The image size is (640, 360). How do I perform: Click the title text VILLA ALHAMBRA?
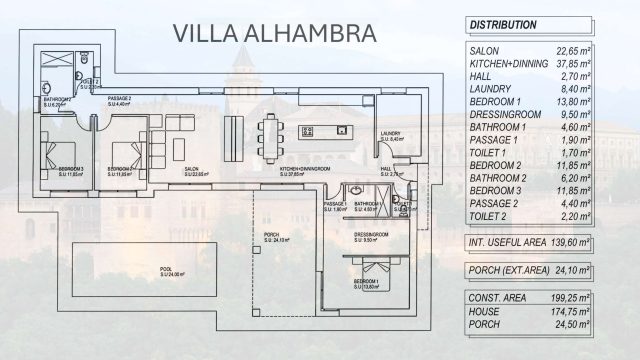274,32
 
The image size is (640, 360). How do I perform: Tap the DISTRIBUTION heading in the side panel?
503,24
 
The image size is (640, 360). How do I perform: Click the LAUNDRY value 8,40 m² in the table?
591,89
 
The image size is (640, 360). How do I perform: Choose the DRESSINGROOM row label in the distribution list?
508,116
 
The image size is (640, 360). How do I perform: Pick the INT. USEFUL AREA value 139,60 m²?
587,244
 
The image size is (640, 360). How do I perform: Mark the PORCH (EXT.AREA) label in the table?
511,271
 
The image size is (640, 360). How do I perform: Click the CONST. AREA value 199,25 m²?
587,299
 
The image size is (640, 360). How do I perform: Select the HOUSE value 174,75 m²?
587,312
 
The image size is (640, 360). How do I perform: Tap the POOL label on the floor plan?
166,270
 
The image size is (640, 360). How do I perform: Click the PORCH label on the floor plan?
273,236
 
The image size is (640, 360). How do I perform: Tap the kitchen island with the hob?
325,130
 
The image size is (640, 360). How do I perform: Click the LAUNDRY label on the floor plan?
391,134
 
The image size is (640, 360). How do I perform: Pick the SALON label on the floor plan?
191,170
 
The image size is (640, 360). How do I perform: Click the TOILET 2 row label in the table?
490,215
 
